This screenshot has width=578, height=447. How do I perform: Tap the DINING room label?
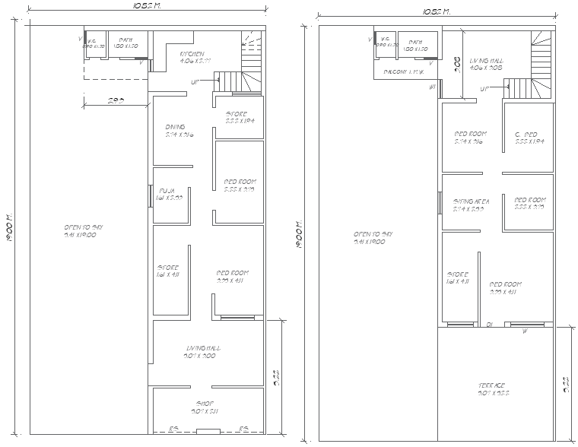click(175, 127)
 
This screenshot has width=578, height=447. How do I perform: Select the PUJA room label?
click(167, 191)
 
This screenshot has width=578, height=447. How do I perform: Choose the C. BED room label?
click(526, 135)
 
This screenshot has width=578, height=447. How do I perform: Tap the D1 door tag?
click(490, 325)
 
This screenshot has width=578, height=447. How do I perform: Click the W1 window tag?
click(433, 87)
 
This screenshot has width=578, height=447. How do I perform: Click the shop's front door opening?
click(207, 431)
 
